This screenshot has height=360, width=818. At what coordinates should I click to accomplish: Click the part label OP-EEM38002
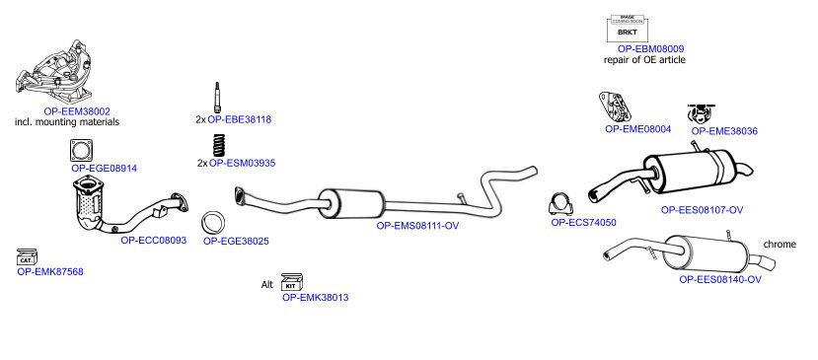point(77,111)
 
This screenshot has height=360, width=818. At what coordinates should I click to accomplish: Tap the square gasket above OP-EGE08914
point(81,151)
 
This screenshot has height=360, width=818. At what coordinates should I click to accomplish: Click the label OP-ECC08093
point(153,241)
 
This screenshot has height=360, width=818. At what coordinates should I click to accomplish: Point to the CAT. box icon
point(27,257)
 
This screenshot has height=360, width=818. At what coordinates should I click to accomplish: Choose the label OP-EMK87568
point(50,271)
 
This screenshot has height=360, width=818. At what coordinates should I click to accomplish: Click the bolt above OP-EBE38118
point(217,98)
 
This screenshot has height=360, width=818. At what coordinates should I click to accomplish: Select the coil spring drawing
point(220,146)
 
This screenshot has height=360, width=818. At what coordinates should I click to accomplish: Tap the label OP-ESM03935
point(242,163)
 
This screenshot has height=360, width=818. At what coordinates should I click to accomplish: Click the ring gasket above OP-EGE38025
point(213,223)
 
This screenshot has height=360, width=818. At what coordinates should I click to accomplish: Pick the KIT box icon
point(292,282)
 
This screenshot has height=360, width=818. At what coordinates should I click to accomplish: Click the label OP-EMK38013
point(315,298)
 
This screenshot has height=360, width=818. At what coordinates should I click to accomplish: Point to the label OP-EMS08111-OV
point(417,226)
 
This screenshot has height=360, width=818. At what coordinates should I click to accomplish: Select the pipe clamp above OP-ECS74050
point(560,204)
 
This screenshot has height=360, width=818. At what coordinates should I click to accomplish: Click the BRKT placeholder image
point(627,29)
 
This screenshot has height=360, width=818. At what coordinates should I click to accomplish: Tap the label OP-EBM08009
point(650,48)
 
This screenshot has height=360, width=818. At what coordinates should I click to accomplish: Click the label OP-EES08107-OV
point(702,210)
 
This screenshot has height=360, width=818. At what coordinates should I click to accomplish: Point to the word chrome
point(780,244)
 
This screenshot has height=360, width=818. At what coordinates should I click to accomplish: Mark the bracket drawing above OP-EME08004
point(615,107)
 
